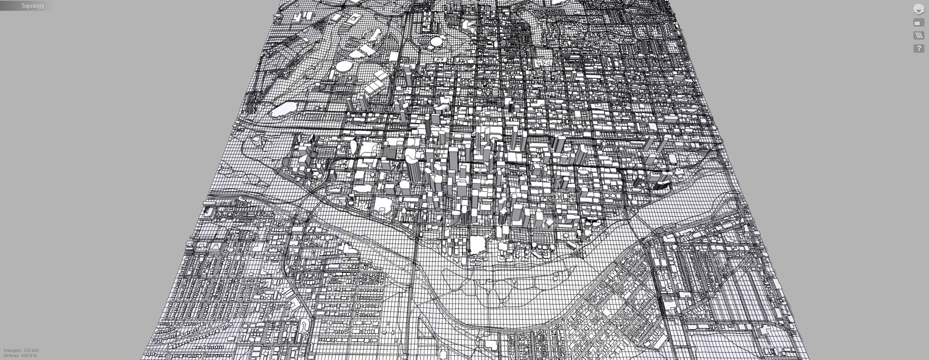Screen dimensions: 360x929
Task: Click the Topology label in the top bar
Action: (32, 6)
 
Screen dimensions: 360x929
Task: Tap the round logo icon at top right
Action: (918, 9)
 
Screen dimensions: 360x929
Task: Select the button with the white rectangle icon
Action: (918, 23)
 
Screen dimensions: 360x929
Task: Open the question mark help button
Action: (918, 48)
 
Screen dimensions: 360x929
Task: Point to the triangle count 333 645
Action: (30, 350)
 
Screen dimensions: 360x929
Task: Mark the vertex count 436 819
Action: (30, 356)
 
